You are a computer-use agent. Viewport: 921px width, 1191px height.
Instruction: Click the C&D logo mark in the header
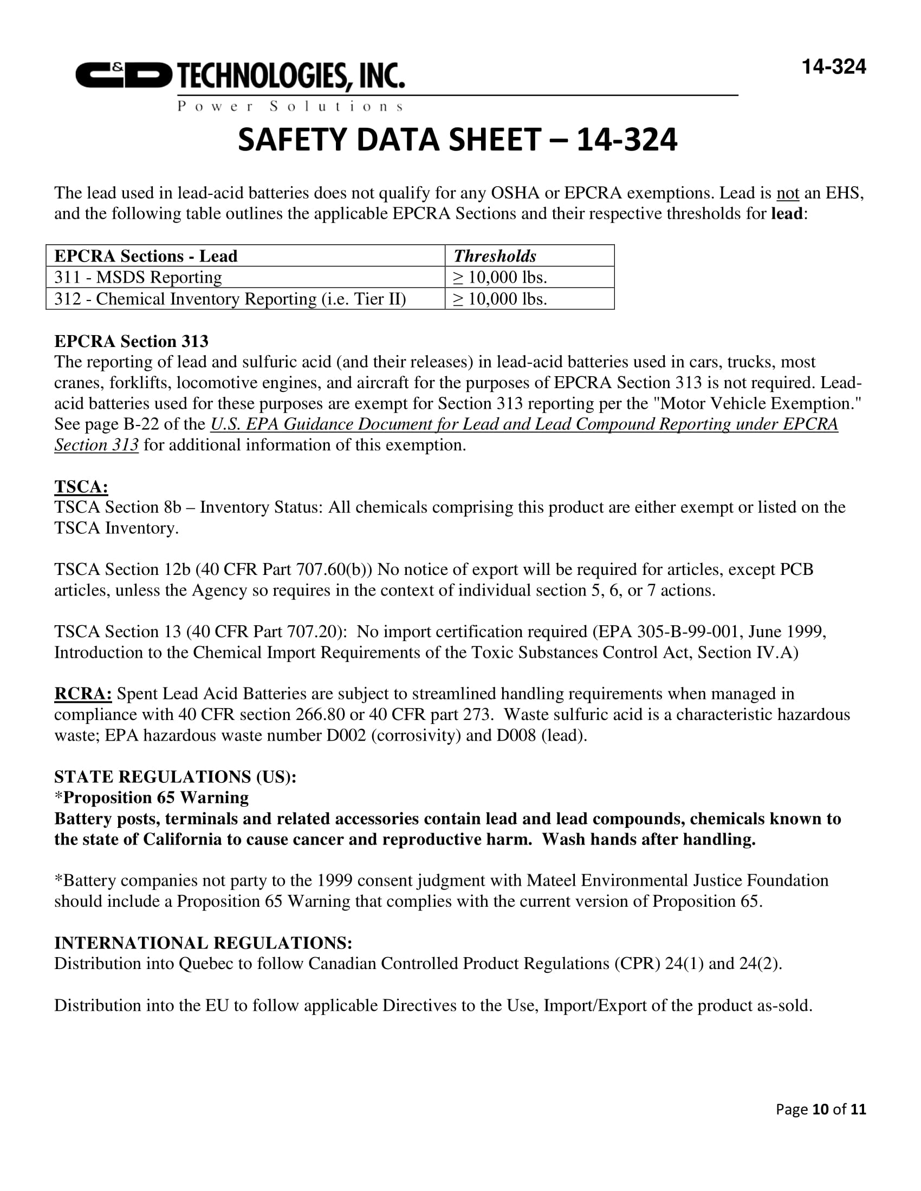124,75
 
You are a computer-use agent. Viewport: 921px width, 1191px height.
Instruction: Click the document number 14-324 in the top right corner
833,67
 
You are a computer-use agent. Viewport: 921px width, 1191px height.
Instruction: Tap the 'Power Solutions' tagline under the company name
290,106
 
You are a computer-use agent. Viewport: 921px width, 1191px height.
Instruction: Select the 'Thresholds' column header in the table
495,256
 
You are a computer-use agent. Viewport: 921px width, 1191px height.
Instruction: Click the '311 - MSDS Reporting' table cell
138,278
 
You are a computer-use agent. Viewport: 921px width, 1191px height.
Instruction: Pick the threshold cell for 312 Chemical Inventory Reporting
500,299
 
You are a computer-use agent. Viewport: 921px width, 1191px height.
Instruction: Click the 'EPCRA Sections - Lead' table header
146,256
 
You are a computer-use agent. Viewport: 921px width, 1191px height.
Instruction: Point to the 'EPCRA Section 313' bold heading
131,342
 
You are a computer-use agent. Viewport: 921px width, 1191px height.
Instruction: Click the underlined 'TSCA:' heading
81,487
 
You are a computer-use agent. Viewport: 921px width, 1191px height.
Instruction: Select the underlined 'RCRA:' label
83,693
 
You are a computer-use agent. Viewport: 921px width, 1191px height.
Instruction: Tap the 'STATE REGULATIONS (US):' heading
175,776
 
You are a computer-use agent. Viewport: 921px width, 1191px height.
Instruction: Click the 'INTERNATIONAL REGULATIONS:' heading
203,943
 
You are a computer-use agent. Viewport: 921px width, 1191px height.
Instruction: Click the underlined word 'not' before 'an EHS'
787,193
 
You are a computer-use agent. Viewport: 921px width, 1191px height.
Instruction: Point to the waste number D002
346,736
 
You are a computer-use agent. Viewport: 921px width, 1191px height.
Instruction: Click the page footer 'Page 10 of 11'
821,1109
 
